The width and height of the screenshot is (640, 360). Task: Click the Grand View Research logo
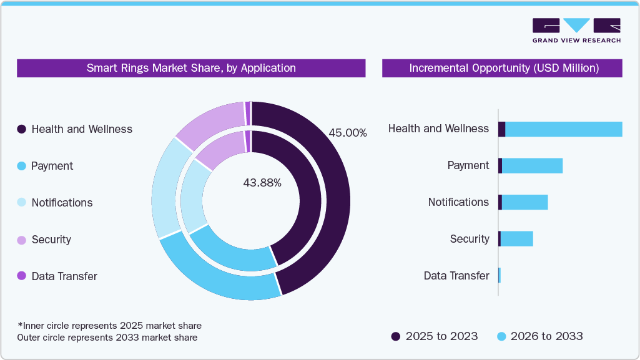[x=576, y=31]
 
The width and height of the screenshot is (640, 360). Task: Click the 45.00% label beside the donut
[x=347, y=133]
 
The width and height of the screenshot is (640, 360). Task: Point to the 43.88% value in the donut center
[x=262, y=183]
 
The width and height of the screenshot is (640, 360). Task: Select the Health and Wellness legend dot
[x=22, y=129]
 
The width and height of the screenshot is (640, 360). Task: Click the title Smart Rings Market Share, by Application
[x=191, y=68]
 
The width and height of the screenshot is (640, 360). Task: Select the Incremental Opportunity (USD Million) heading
[x=502, y=68]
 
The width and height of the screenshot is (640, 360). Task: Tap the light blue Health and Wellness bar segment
[x=563, y=129]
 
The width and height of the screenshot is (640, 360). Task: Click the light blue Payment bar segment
[x=532, y=166]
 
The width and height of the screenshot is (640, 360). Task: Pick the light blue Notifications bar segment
[x=524, y=202]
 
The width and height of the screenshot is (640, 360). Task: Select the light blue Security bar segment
[x=516, y=239]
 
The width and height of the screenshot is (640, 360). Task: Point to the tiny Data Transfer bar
[x=500, y=276]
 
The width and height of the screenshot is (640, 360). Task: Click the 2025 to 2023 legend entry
[x=435, y=336]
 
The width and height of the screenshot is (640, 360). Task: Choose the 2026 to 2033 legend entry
[x=540, y=336]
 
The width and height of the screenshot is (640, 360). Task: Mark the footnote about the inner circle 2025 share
[x=110, y=326]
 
